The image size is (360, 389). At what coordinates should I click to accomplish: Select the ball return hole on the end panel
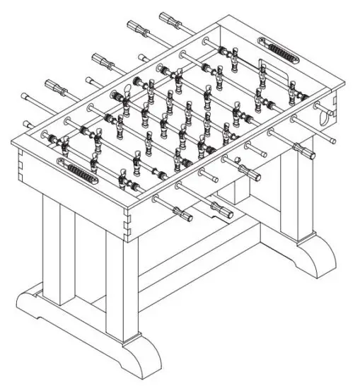click(x=325, y=114)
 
